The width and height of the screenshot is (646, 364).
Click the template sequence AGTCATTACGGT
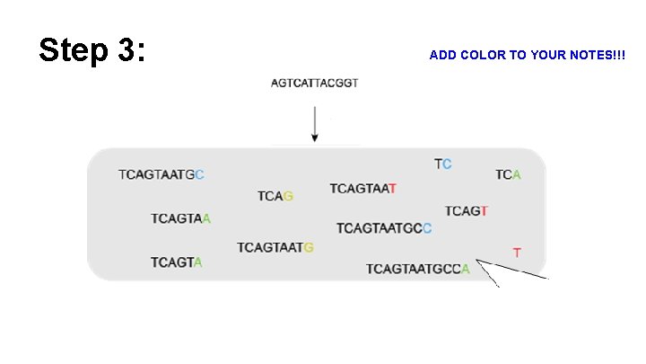click(314, 84)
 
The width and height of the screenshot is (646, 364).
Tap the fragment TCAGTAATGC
click(161, 174)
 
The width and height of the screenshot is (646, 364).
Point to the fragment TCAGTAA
click(180, 218)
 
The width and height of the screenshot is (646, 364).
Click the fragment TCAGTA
click(176, 262)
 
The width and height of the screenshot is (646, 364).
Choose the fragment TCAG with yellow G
click(275, 196)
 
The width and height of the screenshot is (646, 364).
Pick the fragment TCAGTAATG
click(275, 247)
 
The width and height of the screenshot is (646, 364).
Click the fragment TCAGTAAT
click(362, 189)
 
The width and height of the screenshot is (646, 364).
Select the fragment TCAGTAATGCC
click(384, 228)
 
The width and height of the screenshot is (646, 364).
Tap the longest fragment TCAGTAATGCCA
click(417, 269)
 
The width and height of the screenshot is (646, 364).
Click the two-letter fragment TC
click(443, 164)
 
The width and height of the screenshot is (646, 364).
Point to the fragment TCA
click(508, 174)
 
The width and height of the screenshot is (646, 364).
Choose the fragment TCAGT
click(467, 211)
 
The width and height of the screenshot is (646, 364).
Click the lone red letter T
click(517, 253)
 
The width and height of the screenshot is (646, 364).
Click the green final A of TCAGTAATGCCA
click(465, 269)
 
